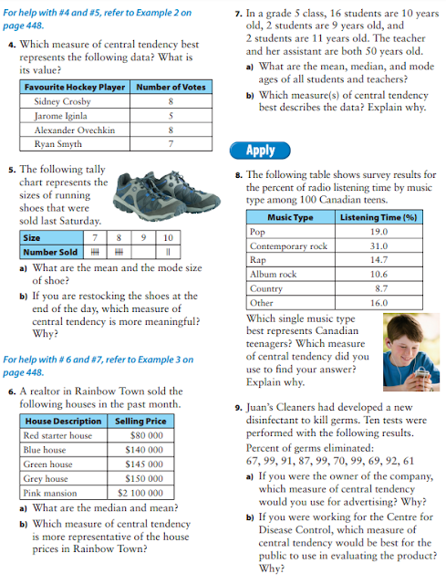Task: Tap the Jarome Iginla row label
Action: tap(57, 116)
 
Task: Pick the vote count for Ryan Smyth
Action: tap(171, 144)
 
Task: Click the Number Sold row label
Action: tap(51, 253)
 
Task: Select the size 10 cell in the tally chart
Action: tap(168, 237)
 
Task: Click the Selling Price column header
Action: tap(140, 422)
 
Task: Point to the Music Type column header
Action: tap(290, 218)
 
